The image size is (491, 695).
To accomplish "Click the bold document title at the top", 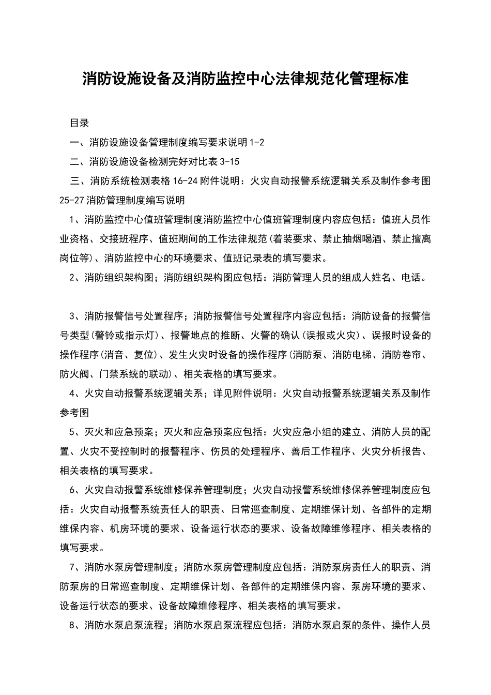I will coord(245,79).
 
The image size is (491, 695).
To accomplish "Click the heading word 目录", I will coord(80,123).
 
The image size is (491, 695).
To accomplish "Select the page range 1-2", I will coord(257,142).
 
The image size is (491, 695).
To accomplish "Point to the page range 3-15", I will coord(229,162).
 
